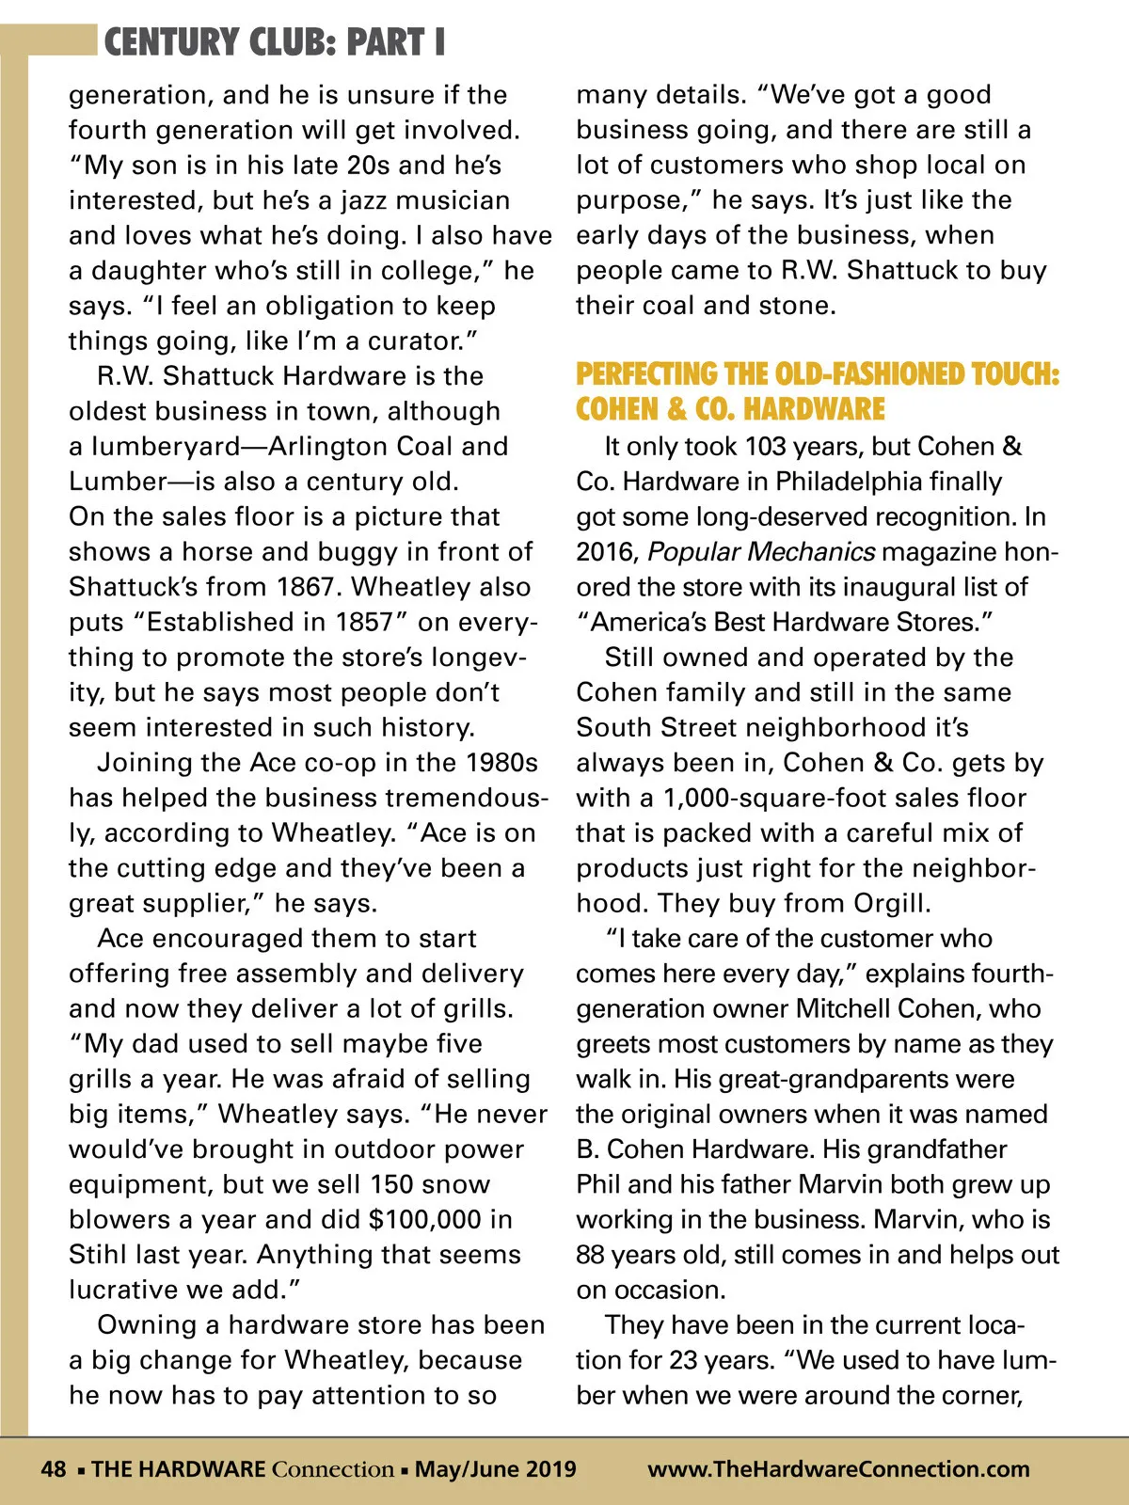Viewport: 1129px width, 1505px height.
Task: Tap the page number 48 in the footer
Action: (53, 1469)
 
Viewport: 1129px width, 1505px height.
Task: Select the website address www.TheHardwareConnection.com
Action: (838, 1469)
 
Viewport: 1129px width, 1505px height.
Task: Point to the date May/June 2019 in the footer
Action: (496, 1469)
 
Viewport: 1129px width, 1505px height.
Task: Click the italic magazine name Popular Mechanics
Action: (761, 551)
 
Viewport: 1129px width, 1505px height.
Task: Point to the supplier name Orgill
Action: (891, 903)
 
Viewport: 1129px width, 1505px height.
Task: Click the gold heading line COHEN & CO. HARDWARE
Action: (730, 409)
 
